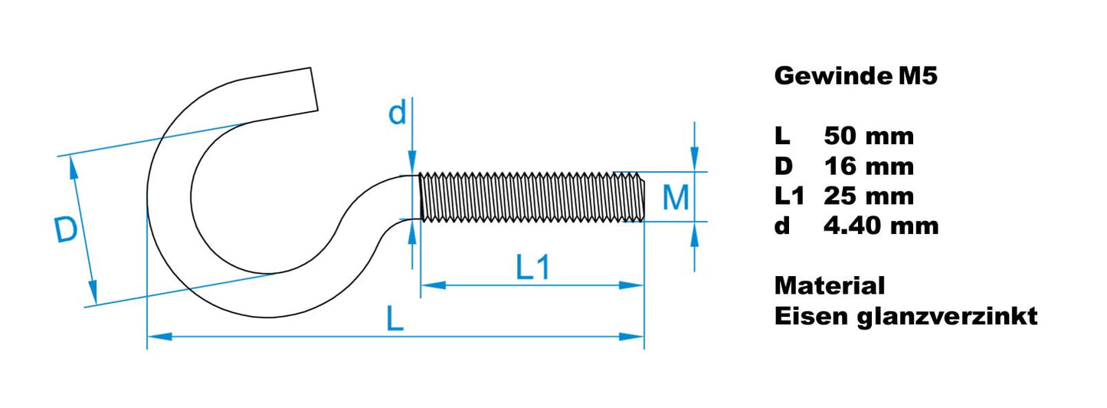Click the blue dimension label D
67,231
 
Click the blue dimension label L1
532,268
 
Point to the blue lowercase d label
397,114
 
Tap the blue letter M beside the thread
675,198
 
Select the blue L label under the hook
395,318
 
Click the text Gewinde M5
855,76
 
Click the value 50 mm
869,137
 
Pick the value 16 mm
869,166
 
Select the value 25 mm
869,196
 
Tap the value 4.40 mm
881,226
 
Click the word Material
830,286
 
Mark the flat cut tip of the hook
314,88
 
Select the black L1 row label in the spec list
789,196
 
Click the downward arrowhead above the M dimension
694,160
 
